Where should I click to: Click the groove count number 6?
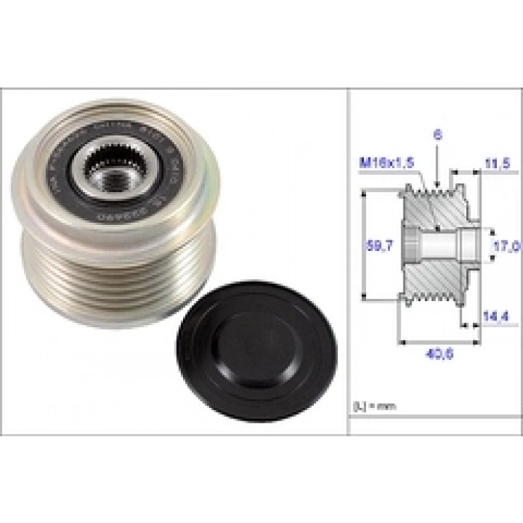[x=438, y=135]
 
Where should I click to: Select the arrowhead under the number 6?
[x=438, y=184]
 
